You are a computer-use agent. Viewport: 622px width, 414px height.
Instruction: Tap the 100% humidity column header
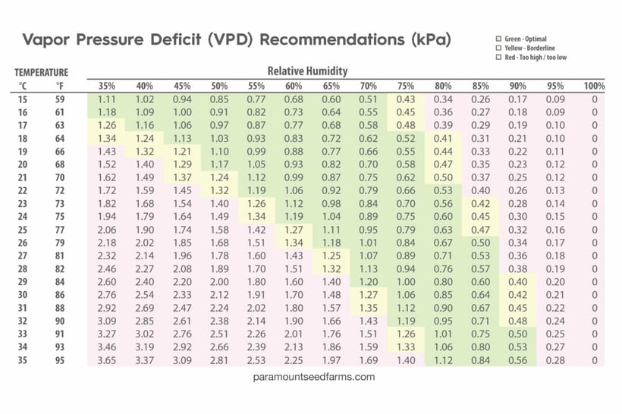pos(595,86)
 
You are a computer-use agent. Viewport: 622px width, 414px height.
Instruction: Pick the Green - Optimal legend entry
pos(523,39)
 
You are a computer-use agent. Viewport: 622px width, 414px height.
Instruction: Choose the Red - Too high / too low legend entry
pos(535,56)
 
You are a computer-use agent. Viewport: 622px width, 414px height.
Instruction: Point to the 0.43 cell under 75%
pos(406,99)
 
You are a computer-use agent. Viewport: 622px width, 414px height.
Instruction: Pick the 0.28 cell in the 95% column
pos(554,360)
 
